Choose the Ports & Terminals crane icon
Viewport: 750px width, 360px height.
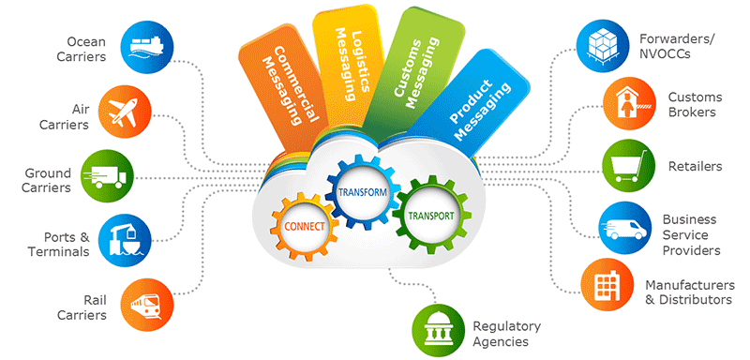pyautogui.click(x=125, y=238)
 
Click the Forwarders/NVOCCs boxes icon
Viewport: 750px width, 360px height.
pyautogui.click(x=600, y=44)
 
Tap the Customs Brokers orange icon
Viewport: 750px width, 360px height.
pyautogui.click(x=627, y=103)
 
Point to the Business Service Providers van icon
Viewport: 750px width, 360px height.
pyautogui.click(x=622, y=228)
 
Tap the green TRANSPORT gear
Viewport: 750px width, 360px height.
pyautogui.click(x=430, y=214)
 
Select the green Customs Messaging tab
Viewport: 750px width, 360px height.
pyautogui.click(x=409, y=65)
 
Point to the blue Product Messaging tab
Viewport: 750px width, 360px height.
pyautogui.click(x=475, y=98)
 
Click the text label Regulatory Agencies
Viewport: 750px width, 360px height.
pyautogui.click(x=506, y=334)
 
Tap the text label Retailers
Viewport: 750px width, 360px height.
pyautogui.click(x=695, y=167)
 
